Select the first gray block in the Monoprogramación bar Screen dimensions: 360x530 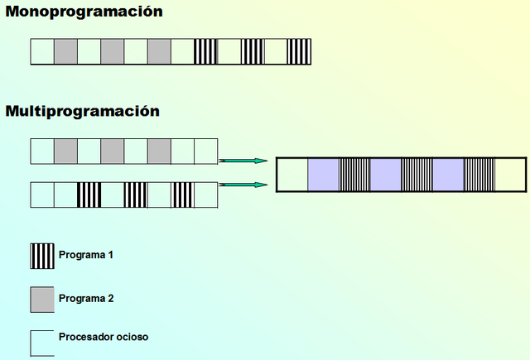coord(65,52)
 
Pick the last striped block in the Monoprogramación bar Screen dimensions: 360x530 coord(300,52)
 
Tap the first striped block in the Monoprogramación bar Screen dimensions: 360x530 coord(205,52)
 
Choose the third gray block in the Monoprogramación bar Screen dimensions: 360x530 coord(159,52)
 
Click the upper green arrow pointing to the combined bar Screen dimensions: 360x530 coord(243,161)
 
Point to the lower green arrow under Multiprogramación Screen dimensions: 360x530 coord(243,185)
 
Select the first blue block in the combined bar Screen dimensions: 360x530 coord(323,175)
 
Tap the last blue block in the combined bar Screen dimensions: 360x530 coord(448,175)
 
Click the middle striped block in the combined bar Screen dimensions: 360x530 coord(417,175)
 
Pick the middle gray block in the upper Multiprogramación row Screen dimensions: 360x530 coord(112,151)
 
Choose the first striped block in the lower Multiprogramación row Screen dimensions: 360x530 coord(89,194)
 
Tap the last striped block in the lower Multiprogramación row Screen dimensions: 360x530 coord(182,194)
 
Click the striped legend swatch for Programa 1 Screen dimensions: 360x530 coord(42,256)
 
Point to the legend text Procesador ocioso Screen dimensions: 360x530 coord(104,337)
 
